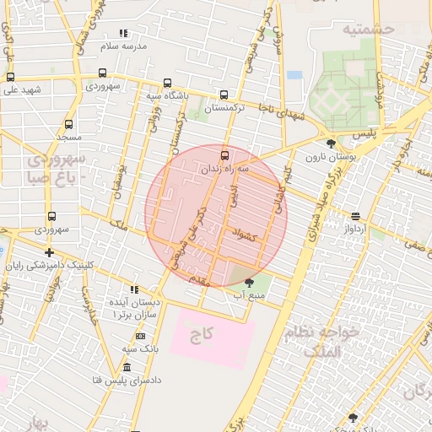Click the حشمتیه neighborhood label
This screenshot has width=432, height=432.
(x=369, y=29)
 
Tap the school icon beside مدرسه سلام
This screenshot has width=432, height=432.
(x=123, y=34)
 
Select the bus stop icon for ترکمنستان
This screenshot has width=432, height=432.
(x=224, y=95)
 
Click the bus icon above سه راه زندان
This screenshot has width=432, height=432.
(x=224, y=155)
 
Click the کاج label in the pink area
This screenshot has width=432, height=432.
(x=200, y=336)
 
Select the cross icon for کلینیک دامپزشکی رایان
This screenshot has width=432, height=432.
(x=50, y=252)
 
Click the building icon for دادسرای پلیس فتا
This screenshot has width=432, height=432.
(x=127, y=368)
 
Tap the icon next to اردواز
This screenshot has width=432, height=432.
(x=355, y=217)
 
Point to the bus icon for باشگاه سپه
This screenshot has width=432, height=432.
(x=167, y=84)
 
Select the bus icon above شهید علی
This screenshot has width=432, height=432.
(x=10, y=77)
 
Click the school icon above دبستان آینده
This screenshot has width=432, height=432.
(x=134, y=289)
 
